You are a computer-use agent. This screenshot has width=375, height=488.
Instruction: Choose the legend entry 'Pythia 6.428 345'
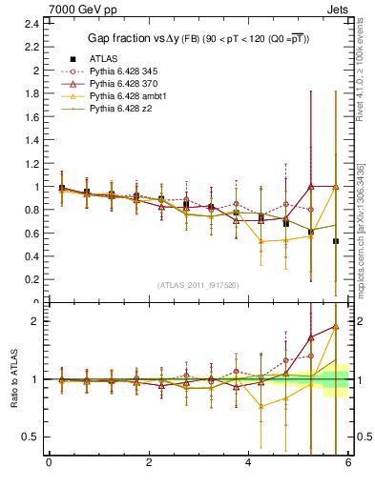click(125, 71)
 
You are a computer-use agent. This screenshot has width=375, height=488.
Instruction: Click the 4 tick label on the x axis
click(249, 464)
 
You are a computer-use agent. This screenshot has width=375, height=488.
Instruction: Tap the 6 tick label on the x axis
click(348, 464)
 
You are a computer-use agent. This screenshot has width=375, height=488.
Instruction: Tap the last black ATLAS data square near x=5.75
click(336, 241)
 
